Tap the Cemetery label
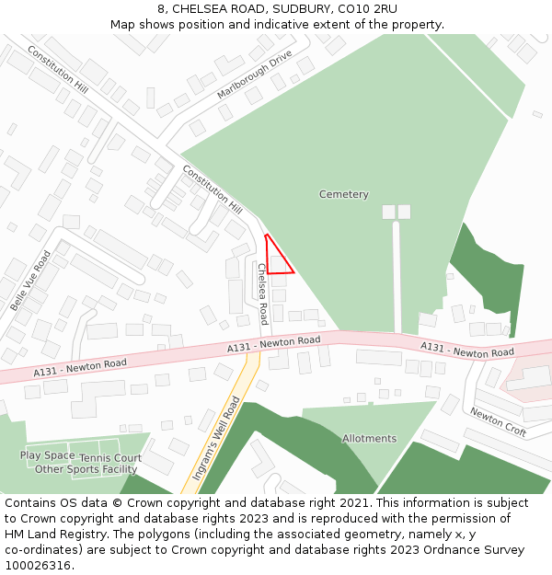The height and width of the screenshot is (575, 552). pyautogui.click(x=343, y=194)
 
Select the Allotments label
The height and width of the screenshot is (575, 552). pyautogui.click(x=369, y=438)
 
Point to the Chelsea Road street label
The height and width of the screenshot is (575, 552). pyautogui.click(x=263, y=293)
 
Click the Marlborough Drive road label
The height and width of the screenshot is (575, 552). pyautogui.click(x=254, y=75)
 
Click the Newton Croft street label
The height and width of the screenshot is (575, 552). pyautogui.click(x=498, y=422)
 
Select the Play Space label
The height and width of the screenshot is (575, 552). pyautogui.click(x=47, y=455)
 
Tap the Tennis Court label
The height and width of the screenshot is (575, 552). pyautogui.click(x=110, y=457)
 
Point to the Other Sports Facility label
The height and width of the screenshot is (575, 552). pyautogui.click(x=86, y=469)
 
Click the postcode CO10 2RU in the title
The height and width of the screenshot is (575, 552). pyautogui.click(x=368, y=9)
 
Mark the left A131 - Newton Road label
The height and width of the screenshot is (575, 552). pyautogui.click(x=80, y=368)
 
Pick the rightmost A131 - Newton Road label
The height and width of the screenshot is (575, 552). pyautogui.click(x=467, y=350)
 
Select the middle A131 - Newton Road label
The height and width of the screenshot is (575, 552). pyautogui.click(x=274, y=344)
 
